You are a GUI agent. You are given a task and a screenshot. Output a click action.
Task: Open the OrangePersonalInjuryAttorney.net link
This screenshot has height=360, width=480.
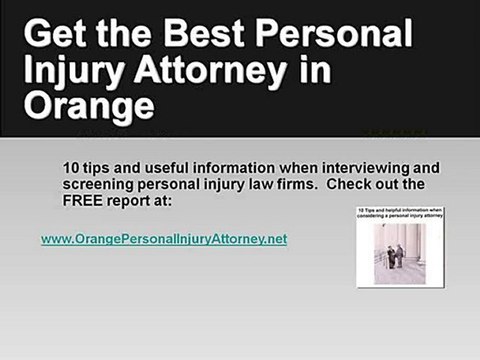[163, 240]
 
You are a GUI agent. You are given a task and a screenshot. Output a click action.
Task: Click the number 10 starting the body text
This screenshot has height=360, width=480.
[69, 166]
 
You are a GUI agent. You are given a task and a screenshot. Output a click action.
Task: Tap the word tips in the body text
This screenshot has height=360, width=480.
[98, 166]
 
